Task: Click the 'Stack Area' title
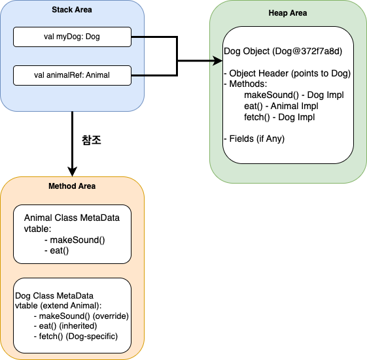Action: pos(72,10)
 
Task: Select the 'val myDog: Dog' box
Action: pos(72,37)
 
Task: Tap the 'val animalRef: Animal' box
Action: pos(72,75)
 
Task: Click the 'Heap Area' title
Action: pos(288,13)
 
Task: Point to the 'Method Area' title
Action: pos(72,186)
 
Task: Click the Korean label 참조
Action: pos(92,140)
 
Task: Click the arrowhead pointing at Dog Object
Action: pos(218,61)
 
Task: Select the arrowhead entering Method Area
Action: pos(73,172)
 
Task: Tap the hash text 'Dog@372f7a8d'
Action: pos(307,51)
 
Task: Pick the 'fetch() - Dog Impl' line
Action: pos(279,117)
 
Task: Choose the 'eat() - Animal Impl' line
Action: pos(281,106)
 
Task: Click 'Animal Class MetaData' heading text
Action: pos(72,218)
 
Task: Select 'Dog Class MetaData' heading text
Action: pos(54,296)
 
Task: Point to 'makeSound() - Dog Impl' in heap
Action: pos(294,95)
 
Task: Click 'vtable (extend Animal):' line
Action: pos(58,306)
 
